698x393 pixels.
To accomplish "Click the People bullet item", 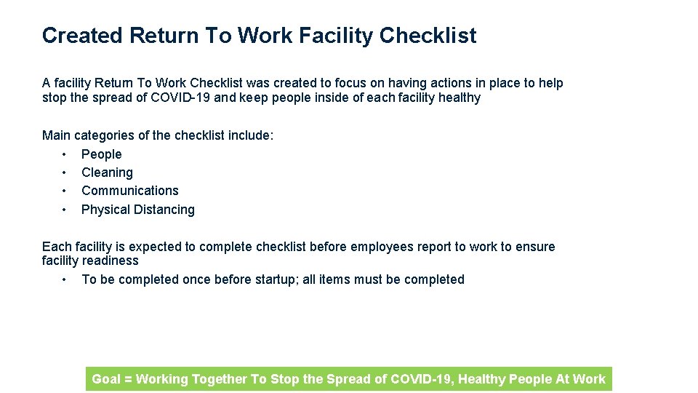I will (x=101, y=154).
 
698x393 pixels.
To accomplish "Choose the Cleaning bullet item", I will (x=107, y=172).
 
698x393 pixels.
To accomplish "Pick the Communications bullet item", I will (x=129, y=191).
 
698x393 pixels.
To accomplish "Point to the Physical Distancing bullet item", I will (x=137, y=210).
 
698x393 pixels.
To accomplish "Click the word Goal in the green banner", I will (x=106, y=379).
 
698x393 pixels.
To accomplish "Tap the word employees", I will (x=377, y=247).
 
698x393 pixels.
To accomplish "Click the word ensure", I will (x=535, y=247).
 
